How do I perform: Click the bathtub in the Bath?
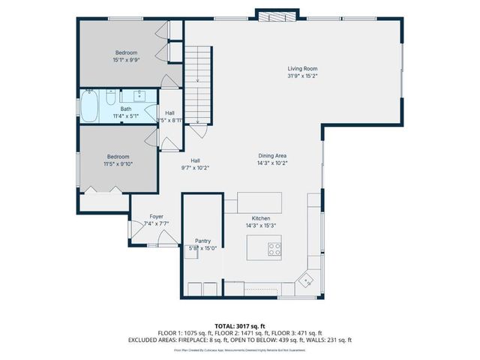tap(90, 106)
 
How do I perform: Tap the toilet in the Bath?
tap(110, 97)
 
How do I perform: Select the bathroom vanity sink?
tap(139, 95)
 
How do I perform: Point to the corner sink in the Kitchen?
tap(306, 281)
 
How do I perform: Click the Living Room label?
tap(302, 69)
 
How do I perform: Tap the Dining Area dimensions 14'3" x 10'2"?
tap(272, 163)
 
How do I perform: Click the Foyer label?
tap(157, 216)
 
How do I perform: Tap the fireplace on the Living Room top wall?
tap(266, 14)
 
